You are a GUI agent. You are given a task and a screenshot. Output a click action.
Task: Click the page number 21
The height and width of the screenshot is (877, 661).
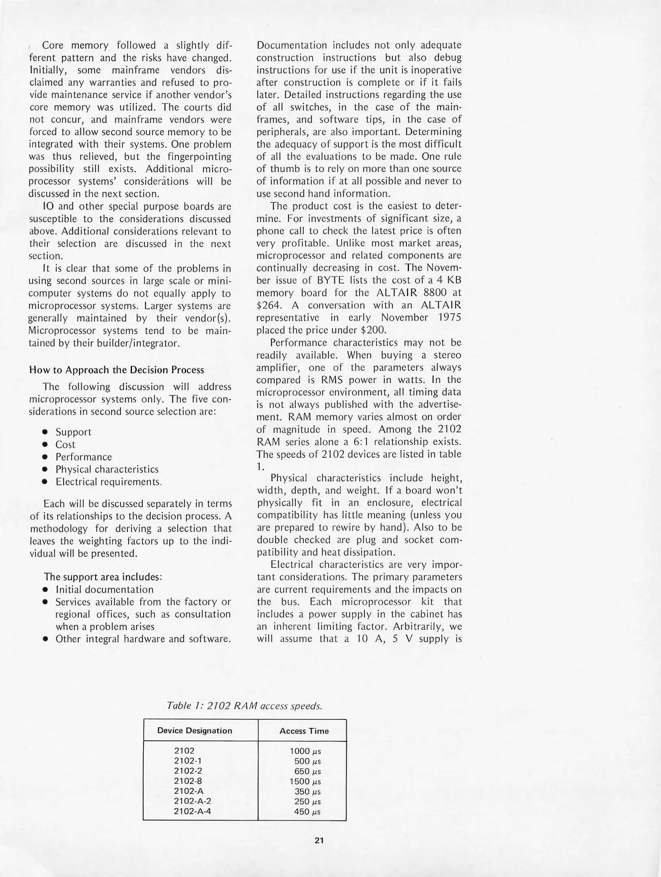click(x=319, y=840)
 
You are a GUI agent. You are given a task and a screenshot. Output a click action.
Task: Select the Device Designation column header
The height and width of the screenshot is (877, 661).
click(x=194, y=730)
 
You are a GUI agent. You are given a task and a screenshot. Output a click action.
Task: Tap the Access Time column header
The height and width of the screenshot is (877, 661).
click(x=304, y=731)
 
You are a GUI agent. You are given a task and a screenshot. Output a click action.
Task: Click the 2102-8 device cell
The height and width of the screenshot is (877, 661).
click(x=188, y=781)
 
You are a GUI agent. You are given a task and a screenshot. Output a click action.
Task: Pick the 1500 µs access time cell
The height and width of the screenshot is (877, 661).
click(x=305, y=782)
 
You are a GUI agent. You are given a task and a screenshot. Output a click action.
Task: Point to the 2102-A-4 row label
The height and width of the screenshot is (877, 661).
click(x=192, y=811)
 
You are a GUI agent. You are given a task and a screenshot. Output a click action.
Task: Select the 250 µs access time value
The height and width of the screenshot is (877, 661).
click(x=307, y=802)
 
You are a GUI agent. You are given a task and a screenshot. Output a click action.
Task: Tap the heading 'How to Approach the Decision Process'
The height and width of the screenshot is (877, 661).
click(x=116, y=370)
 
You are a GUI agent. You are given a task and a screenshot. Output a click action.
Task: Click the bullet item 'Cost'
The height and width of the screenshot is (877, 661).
click(x=65, y=445)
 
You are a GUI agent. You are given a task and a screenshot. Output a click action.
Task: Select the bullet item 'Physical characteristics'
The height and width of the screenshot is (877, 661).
click(x=107, y=469)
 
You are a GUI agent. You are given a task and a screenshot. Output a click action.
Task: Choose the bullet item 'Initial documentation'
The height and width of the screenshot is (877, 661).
click(x=104, y=590)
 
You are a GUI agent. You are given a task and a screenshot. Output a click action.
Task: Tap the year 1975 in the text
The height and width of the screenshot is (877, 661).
click(x=450, y=317)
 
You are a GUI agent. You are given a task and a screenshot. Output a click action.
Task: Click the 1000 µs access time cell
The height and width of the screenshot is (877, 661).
click(x=305, y=751)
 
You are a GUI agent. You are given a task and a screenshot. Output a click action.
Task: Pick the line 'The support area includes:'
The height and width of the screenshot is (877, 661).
click(x=103, y=577)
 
